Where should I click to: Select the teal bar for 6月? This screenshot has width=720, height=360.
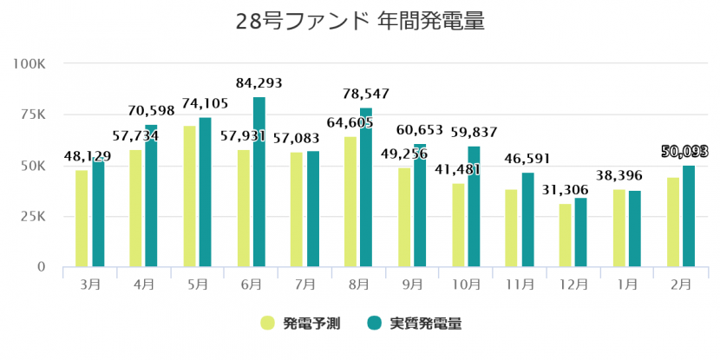[x=259, y=181]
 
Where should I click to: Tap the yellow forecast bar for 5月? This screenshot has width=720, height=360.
[x=189, y=196]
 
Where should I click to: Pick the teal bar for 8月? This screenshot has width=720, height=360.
[x=366, y=187]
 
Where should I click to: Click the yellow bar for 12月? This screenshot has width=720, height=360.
[x=565, y=235]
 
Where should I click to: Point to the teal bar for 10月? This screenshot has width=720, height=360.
[x=474, y=206]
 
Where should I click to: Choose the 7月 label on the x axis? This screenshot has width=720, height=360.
[x=304, y=284]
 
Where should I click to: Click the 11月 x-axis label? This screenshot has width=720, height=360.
[x=520, y=284]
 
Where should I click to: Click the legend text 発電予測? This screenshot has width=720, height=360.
[x=311, y=324]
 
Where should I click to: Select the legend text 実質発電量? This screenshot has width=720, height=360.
[x=425, y=324]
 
